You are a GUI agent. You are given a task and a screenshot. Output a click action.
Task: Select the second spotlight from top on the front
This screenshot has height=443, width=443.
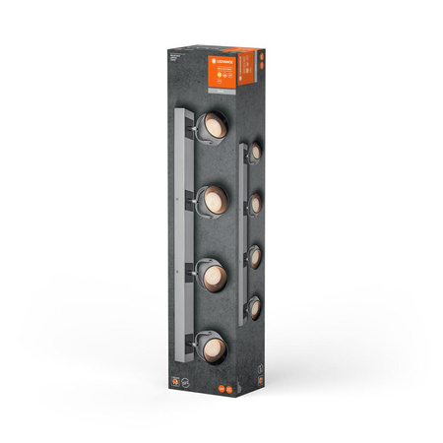(211, 201)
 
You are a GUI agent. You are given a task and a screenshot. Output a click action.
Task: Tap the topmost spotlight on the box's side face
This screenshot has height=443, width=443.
(255, 151)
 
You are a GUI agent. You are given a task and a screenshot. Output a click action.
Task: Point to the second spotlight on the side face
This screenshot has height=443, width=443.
(255, 203)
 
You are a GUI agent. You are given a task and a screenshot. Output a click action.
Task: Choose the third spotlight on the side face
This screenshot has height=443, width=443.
(255, 254)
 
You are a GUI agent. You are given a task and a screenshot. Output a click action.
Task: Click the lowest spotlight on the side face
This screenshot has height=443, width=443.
(255, 306)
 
